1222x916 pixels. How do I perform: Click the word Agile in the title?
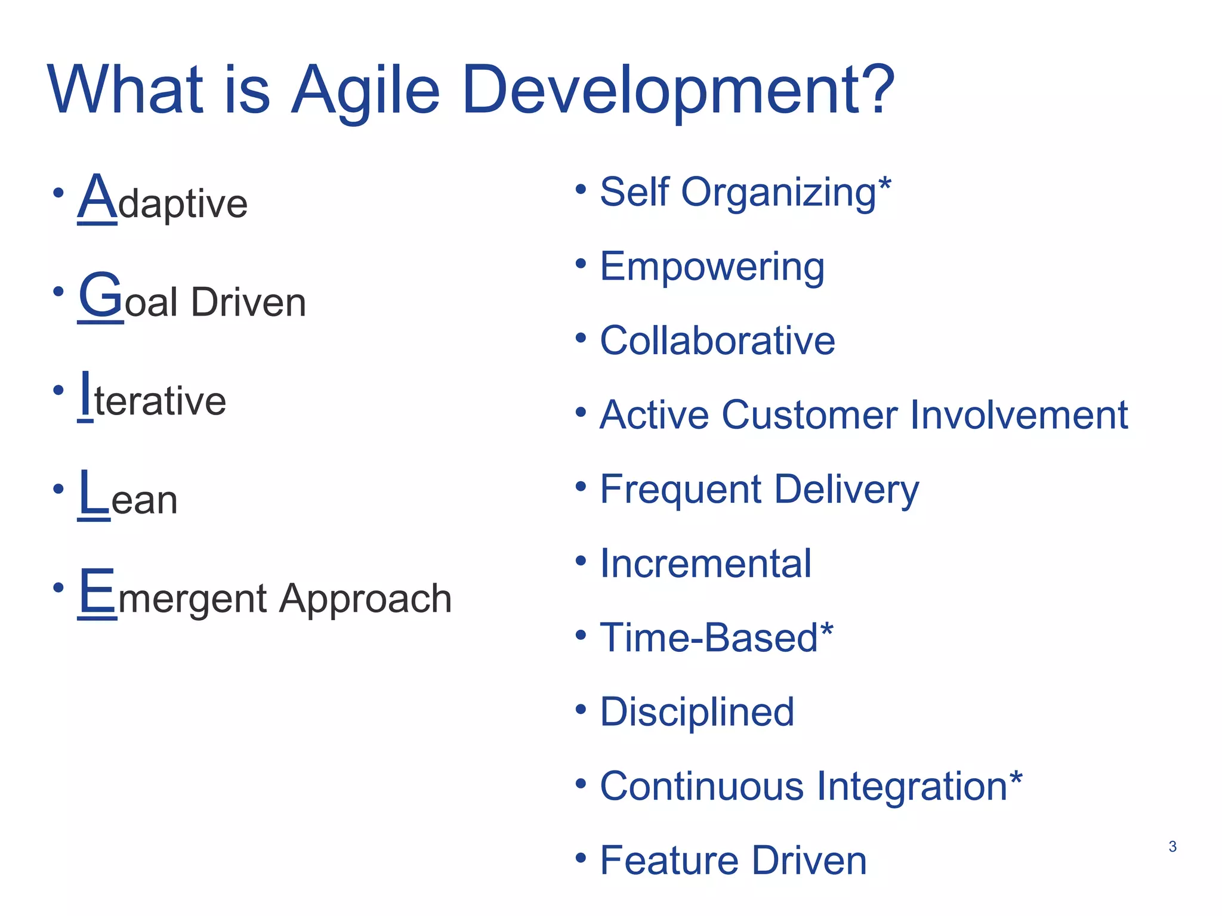pyautogui.click(x=365, y=91)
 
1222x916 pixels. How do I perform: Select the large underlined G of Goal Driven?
pyautogui.click(x=100, y=296)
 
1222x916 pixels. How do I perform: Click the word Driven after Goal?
pyautogui.click(x=248, y=302)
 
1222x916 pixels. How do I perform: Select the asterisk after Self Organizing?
pyautogui.click(x=885, y=184)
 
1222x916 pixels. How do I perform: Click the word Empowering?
pyautogui.click(x=712, y=267)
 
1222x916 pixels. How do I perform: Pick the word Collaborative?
pyautogui.click(x=717, y=341)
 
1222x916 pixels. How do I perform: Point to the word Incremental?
pyautogui.click(x=705, y=564)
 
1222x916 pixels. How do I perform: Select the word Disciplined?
pyautogui.click(x=696, y=712)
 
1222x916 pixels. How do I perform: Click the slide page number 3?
pyautogui.click(x=1172, y=847)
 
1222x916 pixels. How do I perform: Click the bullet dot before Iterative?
pyautogui.click(x=58, y=390)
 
